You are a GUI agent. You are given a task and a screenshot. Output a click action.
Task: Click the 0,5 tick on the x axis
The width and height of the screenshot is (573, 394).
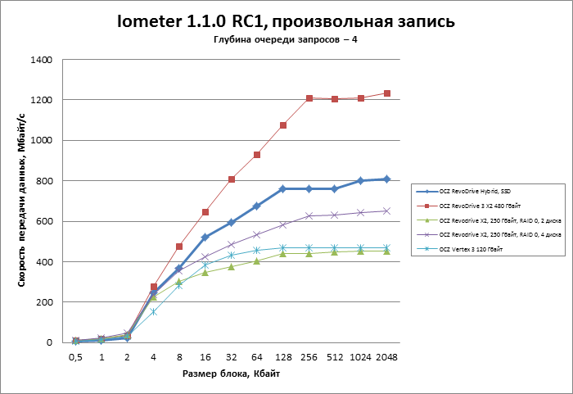(75, 357)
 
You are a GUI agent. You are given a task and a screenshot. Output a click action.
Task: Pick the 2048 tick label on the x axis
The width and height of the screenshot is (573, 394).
(387, 357)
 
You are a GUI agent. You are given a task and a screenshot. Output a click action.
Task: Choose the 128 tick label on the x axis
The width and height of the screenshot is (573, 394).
(283, 357)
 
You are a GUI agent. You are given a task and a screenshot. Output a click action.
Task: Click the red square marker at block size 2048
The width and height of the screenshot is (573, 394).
(387, 93)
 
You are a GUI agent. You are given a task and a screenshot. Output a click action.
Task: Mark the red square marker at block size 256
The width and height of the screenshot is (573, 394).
(309, 98)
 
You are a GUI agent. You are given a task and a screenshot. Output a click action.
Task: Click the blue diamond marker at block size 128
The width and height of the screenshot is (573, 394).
(283, 188)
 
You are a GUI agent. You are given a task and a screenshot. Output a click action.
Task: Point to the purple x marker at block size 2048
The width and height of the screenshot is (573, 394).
(387, 211)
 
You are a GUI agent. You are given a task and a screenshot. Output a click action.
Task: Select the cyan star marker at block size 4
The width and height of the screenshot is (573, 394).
(153, 311)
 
